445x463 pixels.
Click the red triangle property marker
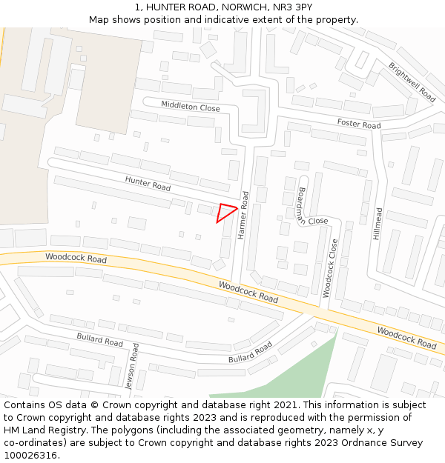[x=225, y=213]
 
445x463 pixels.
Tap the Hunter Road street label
[x=148, y=183]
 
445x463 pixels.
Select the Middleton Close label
[x=191, y=107]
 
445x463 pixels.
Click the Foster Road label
[x=359, y=124]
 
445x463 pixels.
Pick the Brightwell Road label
[x=412, y=81]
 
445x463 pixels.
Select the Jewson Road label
[x=131, y=367]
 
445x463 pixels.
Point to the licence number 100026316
[x=30, y=455]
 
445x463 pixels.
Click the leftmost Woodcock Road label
[x=76, y=259]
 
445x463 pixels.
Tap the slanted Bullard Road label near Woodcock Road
[x=251, y=353]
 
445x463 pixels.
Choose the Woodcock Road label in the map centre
[x=248, y=291]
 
